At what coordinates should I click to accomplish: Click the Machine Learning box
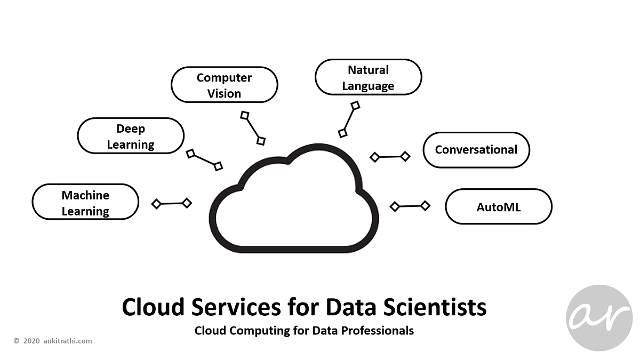[85, 202]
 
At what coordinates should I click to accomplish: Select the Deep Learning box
[131, 136]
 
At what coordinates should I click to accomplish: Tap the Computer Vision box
[224, 85]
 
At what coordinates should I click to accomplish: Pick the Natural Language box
[368, 77]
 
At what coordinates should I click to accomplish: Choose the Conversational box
[476, 150]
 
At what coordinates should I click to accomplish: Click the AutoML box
[498, 206]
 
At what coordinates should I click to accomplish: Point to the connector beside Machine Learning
[171, 203]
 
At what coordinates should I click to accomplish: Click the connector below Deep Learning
[204, 160]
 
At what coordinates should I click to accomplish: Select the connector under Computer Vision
[253, 128]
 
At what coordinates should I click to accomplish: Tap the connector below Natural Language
[349, 119]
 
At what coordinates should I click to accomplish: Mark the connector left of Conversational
[390, 157]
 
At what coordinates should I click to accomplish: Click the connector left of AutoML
[410, 206]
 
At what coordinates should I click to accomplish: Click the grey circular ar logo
[599, 318]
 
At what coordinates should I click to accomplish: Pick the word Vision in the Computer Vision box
[224, 93]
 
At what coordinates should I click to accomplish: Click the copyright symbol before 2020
[17, 341]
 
